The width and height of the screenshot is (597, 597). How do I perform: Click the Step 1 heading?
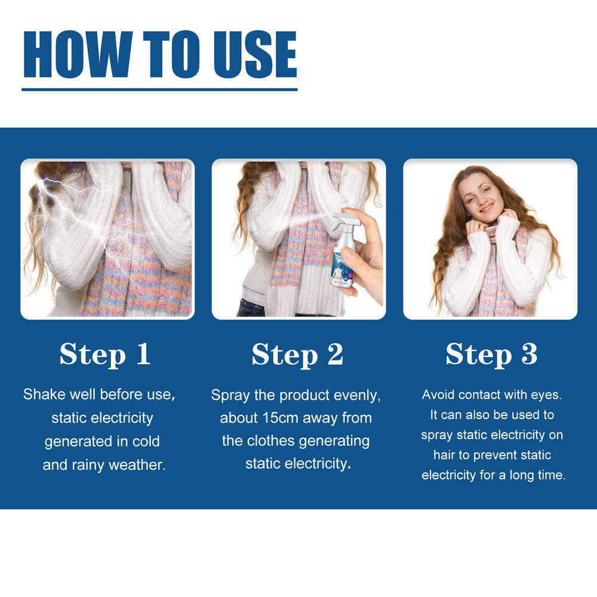pyautogui.click(x=105, y=354)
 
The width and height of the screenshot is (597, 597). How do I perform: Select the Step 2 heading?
pyautogui.click(x=297, y=354)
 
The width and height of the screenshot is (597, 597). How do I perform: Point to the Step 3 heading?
pyautogui.click(x=491, y=354)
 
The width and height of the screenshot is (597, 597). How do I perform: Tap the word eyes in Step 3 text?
pyautogui.click(x=547, y=395)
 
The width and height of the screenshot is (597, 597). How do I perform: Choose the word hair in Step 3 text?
pyautogui.click(x=444, y=455)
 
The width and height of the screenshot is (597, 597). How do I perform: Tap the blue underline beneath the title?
pyautogui.click(x=159, y=89)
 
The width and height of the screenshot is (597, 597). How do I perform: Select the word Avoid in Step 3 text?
pyautogui.click(x=437, y=395)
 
